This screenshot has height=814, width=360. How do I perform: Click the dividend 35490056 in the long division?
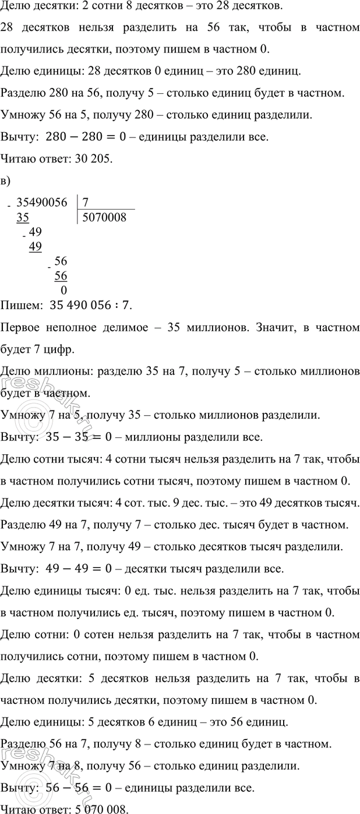pyautogui.click(x=42, y=203)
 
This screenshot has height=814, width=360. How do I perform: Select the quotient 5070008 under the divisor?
pyautogui.click(x=105, y=218)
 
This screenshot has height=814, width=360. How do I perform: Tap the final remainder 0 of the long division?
pyautogui.click(x=63, y=291)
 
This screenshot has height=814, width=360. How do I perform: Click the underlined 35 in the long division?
pyautogui.click(x=23, y=218)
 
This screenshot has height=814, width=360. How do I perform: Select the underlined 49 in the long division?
pyautogui.click(x=35, y=246)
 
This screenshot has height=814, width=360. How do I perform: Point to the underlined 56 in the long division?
pyautogui.click(x=61, y=275)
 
